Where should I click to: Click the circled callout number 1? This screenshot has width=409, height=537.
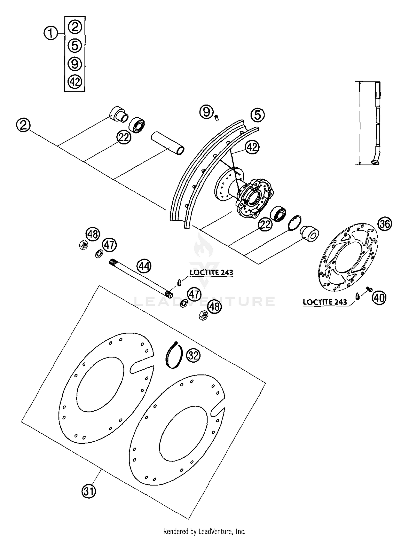[x=50, y=34]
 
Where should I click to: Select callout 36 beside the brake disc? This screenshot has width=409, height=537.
[x=385, y=224]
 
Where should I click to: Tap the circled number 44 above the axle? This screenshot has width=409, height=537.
[x=144, y=266]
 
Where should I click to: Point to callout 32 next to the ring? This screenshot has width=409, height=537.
[x=193, y=356]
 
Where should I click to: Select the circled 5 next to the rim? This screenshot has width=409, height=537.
[x=258, y=115]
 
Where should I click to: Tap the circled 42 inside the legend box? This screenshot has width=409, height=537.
[x=75, y=82]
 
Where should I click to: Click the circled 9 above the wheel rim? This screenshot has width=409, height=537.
[x=207, y=112]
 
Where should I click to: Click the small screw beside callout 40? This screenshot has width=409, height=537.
[x=369, y=289]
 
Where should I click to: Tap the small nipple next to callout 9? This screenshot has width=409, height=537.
[x=217, y=118]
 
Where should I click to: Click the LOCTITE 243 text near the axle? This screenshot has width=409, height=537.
[x=211, y=272]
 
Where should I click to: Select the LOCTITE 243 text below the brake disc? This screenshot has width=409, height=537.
[x=325, y=302]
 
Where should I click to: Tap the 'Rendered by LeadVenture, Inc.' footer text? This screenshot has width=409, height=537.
[x=204, y=532]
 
